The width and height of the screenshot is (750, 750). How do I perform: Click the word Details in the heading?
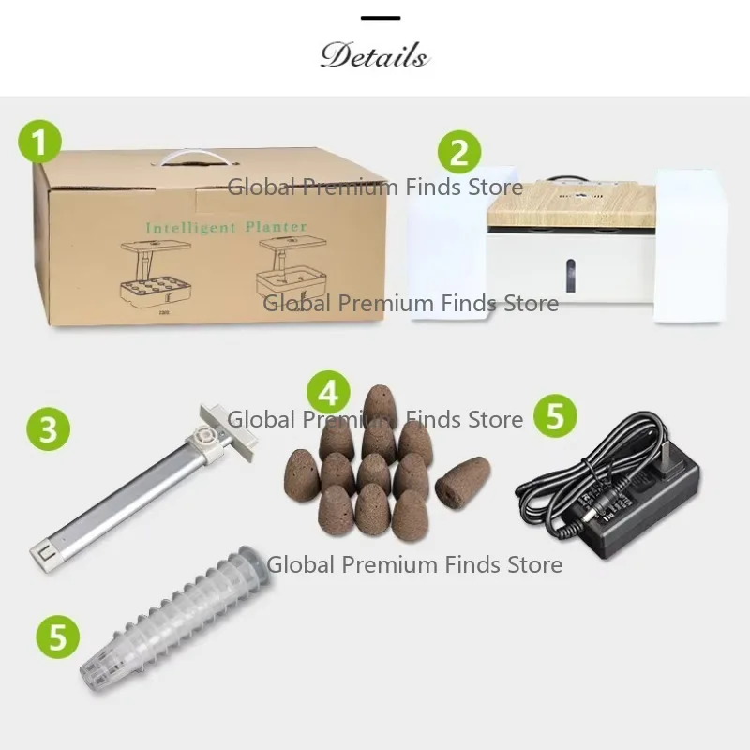374,55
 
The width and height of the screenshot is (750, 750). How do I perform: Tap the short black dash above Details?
381,18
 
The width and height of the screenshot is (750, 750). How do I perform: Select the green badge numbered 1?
39,142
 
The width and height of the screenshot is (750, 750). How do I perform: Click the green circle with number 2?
459,152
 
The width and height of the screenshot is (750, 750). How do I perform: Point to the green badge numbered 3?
49,428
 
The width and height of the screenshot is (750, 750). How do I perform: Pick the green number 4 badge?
329,393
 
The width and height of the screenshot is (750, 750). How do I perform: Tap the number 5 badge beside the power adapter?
555,415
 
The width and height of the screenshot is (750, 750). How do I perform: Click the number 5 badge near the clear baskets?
58,637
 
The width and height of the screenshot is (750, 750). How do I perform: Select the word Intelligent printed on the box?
191,228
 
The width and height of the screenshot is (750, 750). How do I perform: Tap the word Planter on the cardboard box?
276,226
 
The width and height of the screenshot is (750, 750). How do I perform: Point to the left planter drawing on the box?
156,274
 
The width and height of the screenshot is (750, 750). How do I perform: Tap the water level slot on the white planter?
570,276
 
